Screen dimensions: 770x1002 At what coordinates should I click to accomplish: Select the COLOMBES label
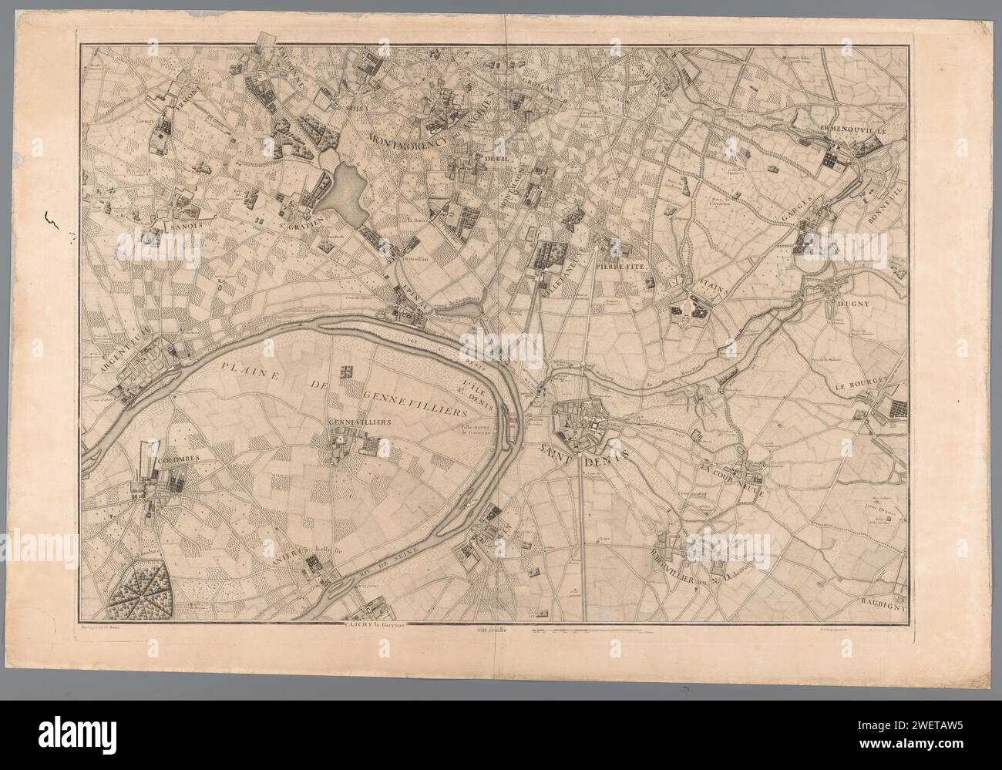pos(179,459)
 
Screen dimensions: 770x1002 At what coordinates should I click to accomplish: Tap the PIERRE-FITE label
pos(624,266)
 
